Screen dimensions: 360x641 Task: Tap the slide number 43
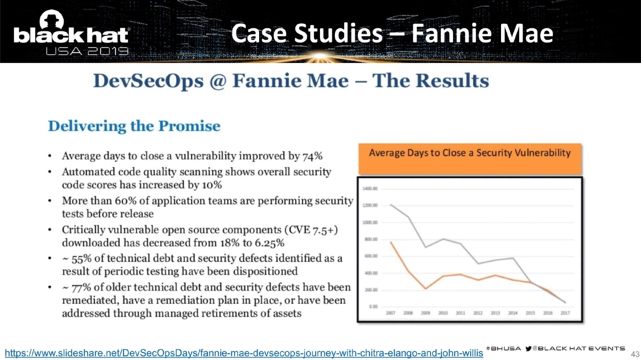[635, 354]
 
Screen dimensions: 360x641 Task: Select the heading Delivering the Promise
[134, 126]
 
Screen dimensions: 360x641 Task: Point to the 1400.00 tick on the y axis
[371, 189]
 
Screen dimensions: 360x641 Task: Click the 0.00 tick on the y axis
[374, 307]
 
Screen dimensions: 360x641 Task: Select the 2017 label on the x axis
[565, 313]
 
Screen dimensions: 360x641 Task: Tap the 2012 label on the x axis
[478, 313]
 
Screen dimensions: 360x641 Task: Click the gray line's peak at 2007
[392, 205]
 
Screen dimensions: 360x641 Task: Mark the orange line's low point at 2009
[426, 288]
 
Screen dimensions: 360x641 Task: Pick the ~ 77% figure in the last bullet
[76, 288]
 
